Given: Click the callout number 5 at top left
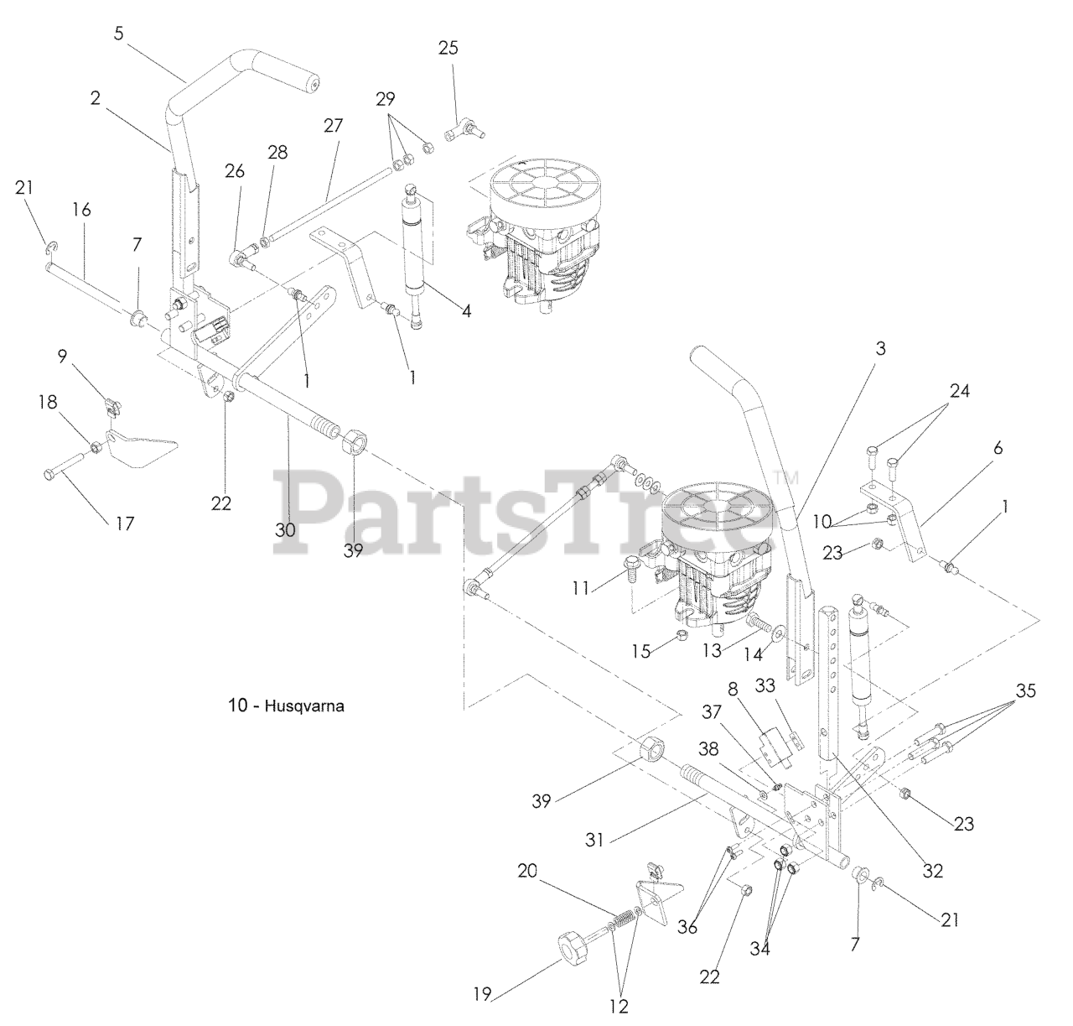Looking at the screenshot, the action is tap(118, 34).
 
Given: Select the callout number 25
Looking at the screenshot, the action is tap(448, 48).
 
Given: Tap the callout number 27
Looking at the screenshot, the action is tap(333, 126).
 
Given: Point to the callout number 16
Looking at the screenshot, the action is tap(81, 210).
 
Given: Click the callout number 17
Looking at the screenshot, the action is tap(125, 523).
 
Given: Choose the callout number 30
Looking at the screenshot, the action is tap(285, 530).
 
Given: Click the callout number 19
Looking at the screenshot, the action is tap(482, 995).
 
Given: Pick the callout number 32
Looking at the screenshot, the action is tap(933, 871).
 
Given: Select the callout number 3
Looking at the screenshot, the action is tap(880, 349).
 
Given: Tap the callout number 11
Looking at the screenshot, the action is tap(580, 588).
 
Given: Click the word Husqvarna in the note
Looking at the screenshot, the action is tap(304, 706).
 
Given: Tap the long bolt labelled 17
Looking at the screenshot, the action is tap(64, 466).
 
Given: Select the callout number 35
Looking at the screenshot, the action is tap(1025, 690).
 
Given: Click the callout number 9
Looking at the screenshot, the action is tap(62, 357).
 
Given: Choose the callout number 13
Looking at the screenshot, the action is tap(712, 651).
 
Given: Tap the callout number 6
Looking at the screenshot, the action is tap(998, 449).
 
